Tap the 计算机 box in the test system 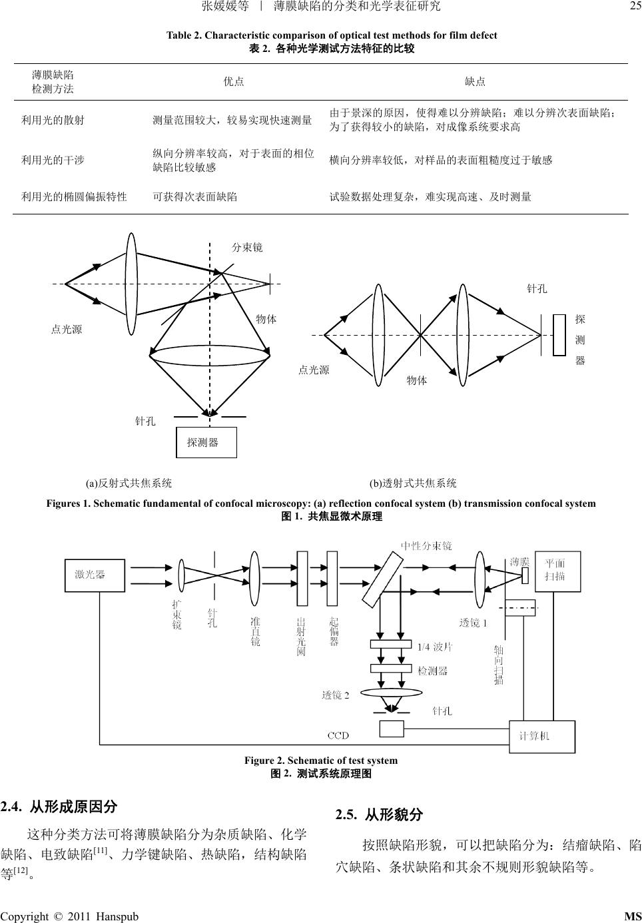pos(541,736)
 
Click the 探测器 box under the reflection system pos(206,442)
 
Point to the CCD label pos(338,735)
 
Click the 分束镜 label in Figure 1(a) pos(247,248)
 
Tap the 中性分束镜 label pos(426,546)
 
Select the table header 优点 pos(233,82)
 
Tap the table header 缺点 pos(475,82)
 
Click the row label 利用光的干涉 pos(53,160)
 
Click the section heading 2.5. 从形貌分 pos(380,815)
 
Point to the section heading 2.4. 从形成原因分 pos(59,807)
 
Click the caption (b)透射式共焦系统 pos(413,483)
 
